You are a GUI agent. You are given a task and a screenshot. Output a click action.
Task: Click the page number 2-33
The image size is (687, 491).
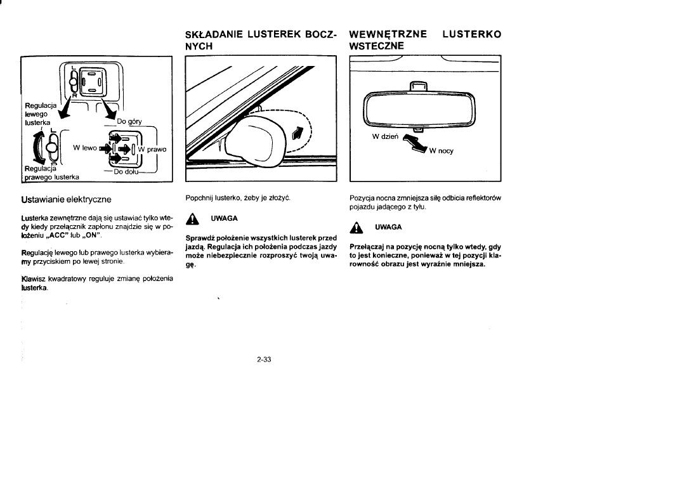(x=264, y=360)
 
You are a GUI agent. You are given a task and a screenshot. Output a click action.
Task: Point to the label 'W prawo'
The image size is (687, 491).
(x=153, y=150)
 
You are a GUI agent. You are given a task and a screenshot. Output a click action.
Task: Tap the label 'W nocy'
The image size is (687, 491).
(x=442, y=151)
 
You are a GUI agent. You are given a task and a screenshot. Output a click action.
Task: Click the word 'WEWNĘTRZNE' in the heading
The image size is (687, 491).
(x=388, y=33)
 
